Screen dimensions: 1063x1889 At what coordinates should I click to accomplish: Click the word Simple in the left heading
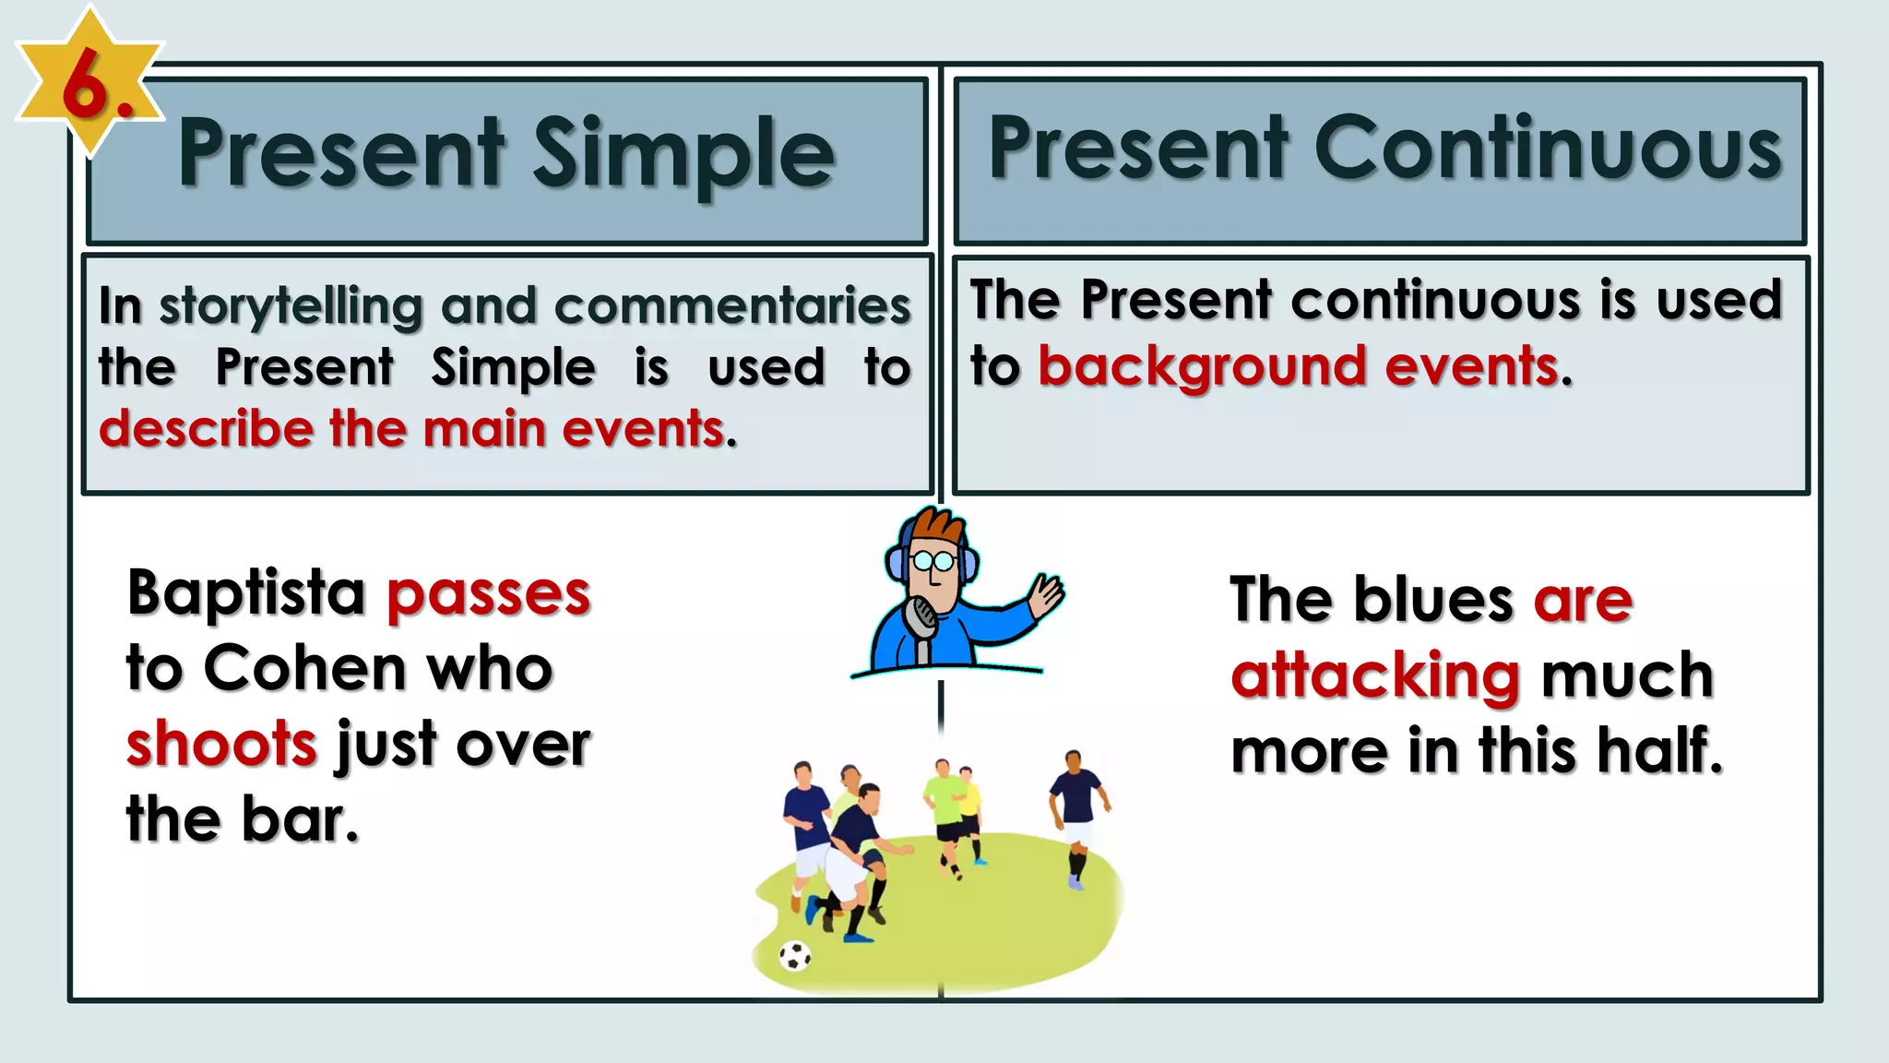683,154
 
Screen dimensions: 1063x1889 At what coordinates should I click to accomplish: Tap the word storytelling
291,307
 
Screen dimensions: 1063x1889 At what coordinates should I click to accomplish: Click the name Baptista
246,593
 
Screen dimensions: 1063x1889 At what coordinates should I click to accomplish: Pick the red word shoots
221,744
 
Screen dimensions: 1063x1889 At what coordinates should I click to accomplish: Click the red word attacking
1374,675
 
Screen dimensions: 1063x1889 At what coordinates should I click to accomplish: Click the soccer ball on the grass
794,956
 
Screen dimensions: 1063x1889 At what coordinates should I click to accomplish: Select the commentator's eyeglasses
933,560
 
